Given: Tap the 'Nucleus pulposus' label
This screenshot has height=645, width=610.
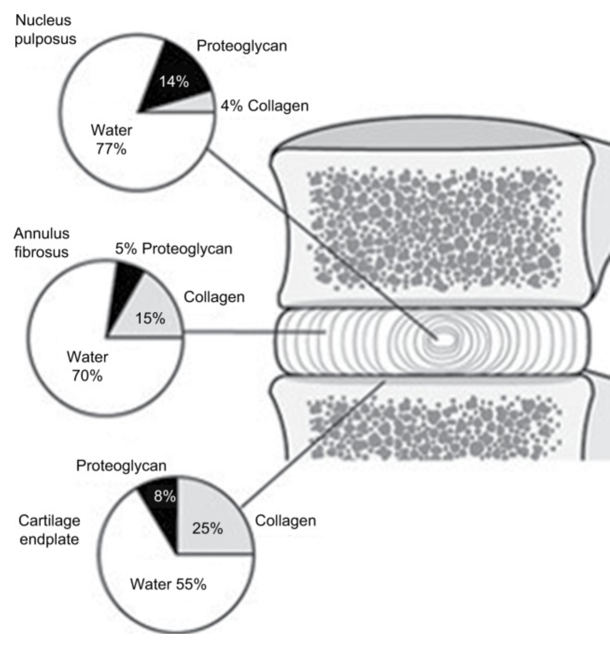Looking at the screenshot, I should coord(45,29).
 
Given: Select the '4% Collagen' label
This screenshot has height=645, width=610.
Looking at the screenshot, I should coord(264,106).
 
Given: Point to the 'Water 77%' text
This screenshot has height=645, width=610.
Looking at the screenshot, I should coord(111,139).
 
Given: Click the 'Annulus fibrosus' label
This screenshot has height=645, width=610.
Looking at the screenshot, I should coord(42,243).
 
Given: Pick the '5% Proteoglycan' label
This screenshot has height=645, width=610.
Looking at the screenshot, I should coord(173,249).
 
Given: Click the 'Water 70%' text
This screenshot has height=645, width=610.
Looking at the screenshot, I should coord(87,366).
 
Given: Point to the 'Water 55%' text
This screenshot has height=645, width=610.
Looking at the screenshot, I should coord(168,584).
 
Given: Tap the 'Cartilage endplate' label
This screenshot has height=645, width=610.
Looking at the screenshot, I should coord(49,530).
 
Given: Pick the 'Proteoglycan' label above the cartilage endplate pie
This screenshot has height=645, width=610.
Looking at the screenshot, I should coord(121,466).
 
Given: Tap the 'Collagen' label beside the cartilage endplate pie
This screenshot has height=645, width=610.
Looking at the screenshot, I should coord(285,521).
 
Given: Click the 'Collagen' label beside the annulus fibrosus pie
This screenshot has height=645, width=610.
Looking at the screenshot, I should coord(214,297).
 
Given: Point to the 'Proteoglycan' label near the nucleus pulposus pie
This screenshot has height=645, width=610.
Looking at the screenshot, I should coord(241,46).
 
